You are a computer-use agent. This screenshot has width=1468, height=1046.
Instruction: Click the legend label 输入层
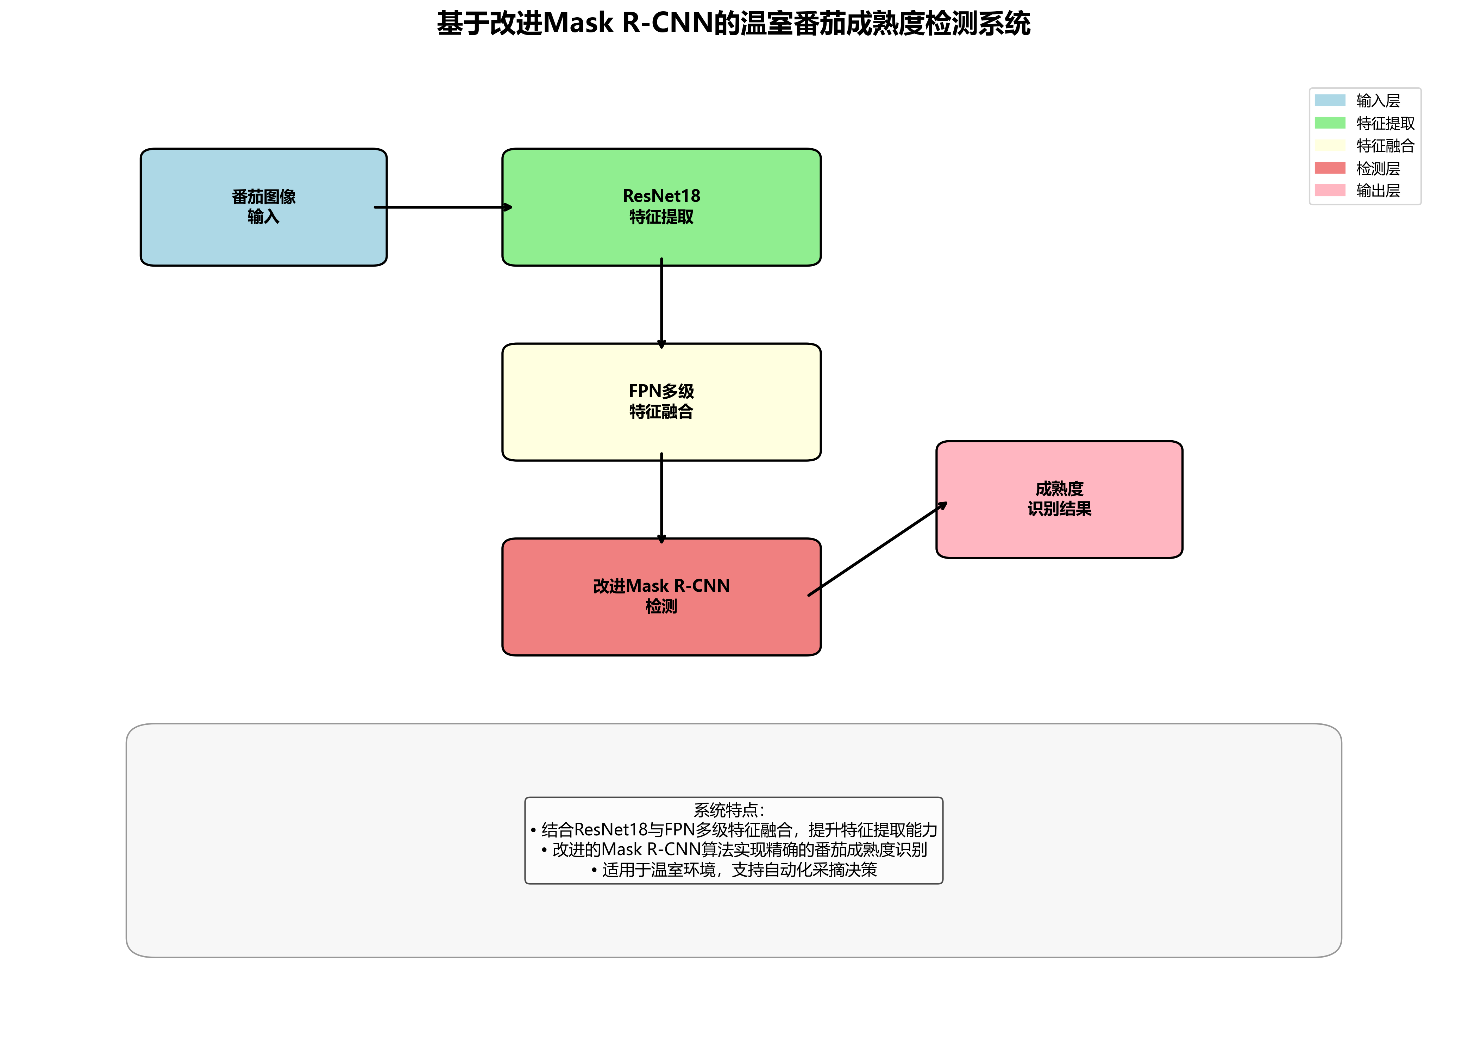coord(1378,100)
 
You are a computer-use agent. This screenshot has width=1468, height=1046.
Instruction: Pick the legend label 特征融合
coord(1385,145)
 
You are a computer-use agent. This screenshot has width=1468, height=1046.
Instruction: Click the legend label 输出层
coord(1378,191)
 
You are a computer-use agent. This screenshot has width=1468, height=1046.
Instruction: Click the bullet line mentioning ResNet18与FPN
coord(734,830)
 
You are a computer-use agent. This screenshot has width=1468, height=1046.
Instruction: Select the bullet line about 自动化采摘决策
coord(734,870)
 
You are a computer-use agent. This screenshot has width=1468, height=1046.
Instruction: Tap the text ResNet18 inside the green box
coord(661,196)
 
